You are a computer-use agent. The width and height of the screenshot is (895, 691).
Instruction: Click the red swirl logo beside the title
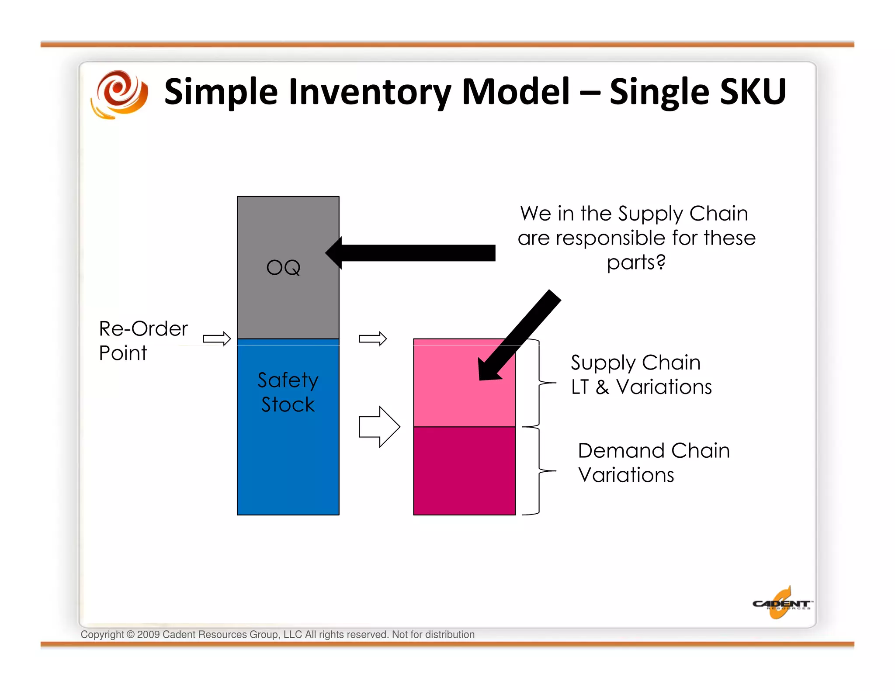(x=119, y=94)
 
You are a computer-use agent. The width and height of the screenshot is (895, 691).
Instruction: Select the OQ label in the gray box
(x=284, y=267)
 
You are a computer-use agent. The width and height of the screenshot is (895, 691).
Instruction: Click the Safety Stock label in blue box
(x=288, y=392)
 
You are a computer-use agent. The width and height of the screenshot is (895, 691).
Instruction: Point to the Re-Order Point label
(x=143, y=340)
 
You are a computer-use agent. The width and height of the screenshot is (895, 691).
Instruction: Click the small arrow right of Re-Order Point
(x=217, y=339)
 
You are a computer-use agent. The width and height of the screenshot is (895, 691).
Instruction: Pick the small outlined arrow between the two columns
(x=373, y=339)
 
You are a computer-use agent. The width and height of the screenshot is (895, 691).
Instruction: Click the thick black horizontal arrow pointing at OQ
(x=411, y=253)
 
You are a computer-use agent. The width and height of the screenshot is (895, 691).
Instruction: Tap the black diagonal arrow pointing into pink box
(x=520, y=335)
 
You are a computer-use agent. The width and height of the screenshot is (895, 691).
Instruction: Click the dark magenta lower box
(x=464, y=471)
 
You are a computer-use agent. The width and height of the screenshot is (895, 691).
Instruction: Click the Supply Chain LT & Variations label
(x=641, y=374)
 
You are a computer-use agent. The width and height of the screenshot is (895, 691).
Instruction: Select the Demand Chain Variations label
(x=653, y=463)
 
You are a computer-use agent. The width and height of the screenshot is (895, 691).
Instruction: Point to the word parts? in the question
(x=636, y=263)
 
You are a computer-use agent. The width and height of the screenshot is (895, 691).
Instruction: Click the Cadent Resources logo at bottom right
(x=781, y=604)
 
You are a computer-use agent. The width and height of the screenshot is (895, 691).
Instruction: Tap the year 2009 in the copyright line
(x=148, y=634)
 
